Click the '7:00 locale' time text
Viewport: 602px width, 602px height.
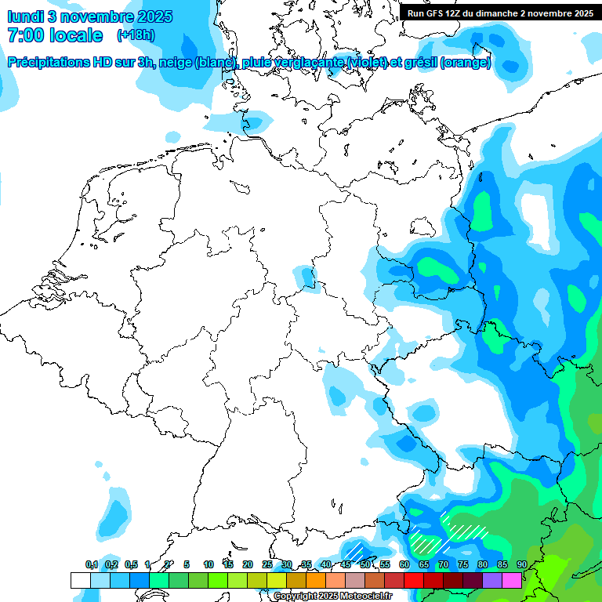55,35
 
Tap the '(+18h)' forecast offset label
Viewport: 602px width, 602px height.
136,35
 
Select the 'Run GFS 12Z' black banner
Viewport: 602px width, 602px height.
500,13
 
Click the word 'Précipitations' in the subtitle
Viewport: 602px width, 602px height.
55,63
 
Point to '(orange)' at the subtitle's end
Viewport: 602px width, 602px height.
466,63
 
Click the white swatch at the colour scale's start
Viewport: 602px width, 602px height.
80,580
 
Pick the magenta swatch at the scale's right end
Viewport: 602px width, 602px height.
511,580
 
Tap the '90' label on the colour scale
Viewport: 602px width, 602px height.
521,564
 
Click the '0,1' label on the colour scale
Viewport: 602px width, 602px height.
92,564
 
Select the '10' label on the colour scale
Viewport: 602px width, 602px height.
209,564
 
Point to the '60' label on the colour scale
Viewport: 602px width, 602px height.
404,564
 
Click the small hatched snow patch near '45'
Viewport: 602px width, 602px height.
357,549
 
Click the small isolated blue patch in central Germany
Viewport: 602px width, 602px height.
305,276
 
